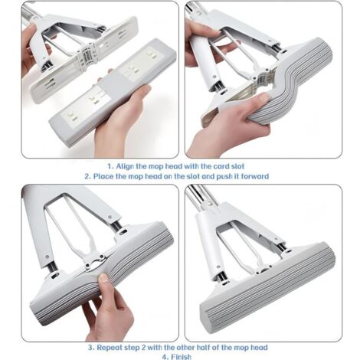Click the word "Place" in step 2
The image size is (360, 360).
coord(103,176)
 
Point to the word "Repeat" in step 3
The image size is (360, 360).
coord(109,348)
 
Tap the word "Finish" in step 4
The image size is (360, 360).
coord(181,357)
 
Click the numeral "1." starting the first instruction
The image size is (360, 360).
coord(110,166)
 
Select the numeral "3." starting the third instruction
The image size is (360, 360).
coord(92,348)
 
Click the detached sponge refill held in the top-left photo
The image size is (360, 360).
coord(113,93)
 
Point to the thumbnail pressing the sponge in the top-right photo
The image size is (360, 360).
coord(263,97)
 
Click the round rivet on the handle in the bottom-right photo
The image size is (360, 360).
coord(210,204)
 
